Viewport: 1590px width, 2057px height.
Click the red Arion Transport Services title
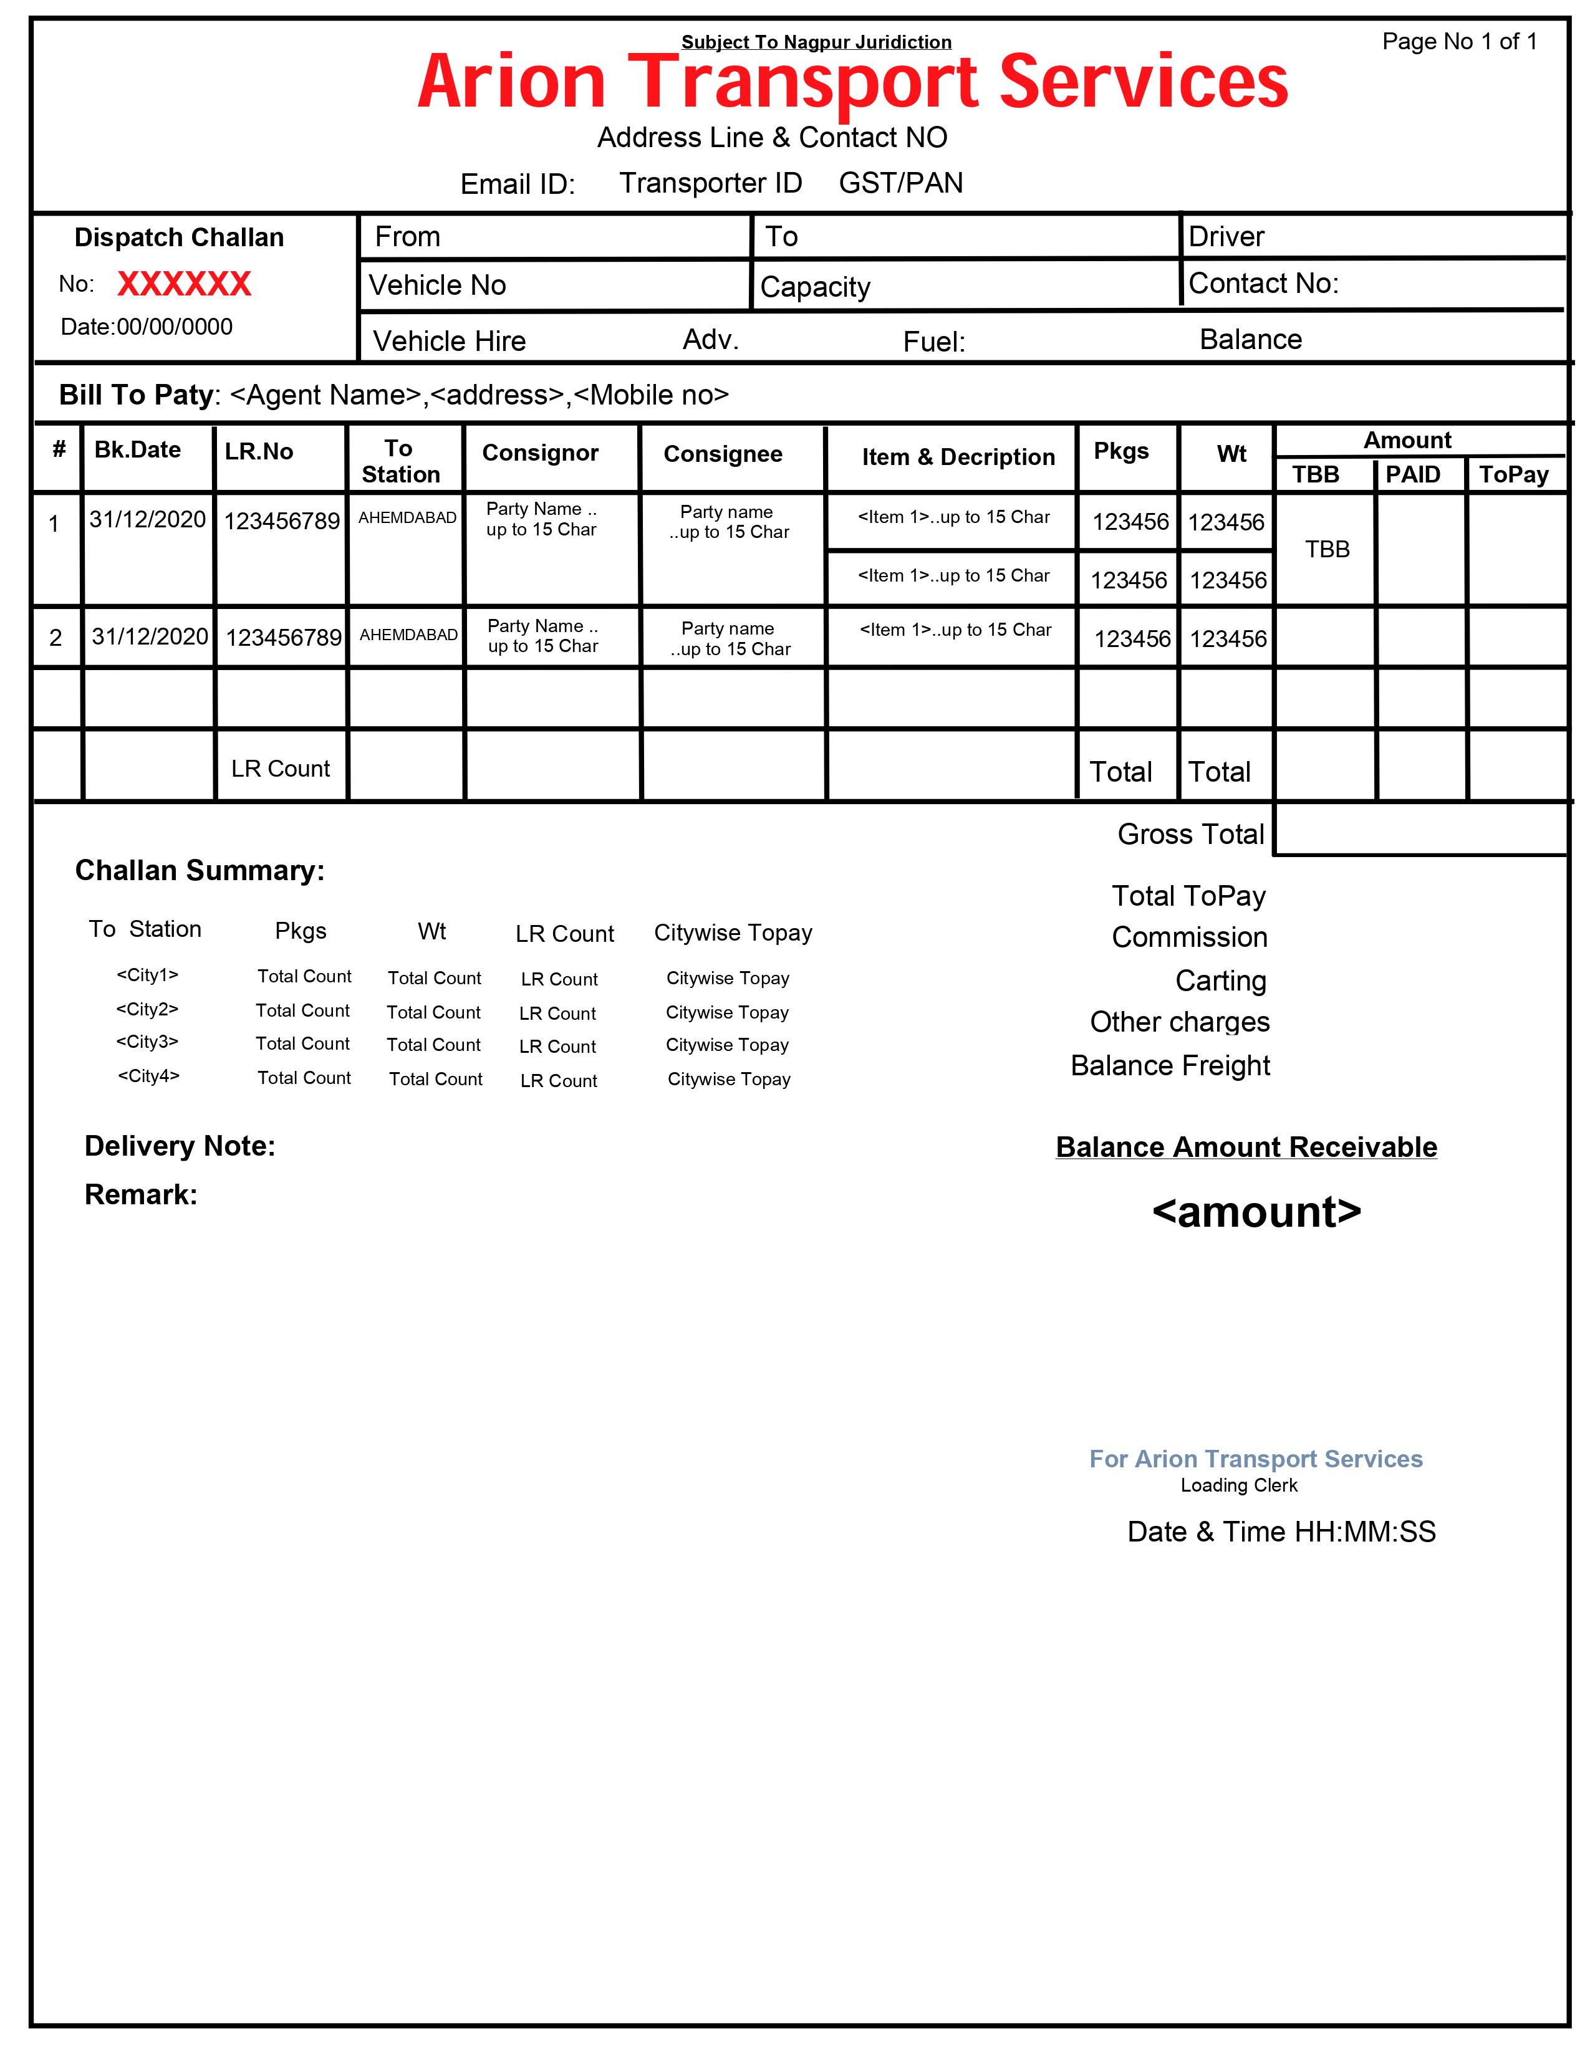point(852,83)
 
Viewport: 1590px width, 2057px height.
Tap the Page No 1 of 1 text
point(1459,41)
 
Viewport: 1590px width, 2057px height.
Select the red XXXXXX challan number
point(185,284)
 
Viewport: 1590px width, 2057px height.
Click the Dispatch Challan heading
point(179,237)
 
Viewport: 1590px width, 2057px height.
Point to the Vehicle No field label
point(437,285)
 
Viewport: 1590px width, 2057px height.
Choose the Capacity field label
point(815,287)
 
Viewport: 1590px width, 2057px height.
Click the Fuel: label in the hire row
point(933,342)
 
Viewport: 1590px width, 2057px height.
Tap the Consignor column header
point(540,453)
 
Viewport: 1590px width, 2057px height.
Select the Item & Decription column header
point(958,457)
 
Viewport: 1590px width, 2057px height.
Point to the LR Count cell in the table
point(281,769)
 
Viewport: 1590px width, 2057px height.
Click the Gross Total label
point(1190,835)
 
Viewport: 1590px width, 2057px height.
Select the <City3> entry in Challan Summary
point(147,1042)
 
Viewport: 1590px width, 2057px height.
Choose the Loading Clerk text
point(1239,1485)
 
